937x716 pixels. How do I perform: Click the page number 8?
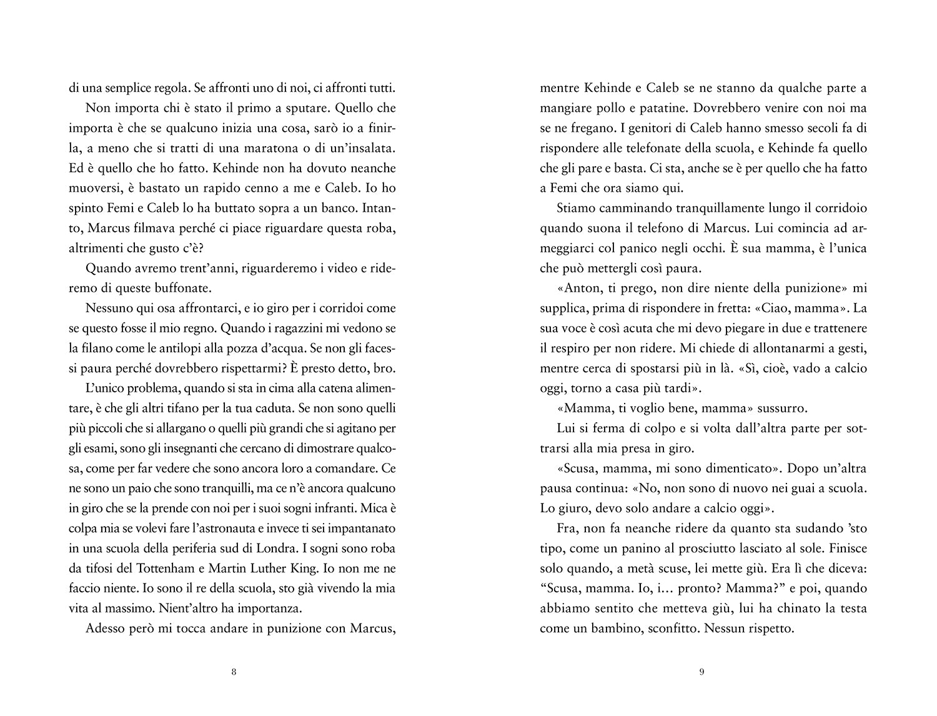[234, 672]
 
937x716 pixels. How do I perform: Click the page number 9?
[702, 672]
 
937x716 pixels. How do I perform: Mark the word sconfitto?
[669, 628]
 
